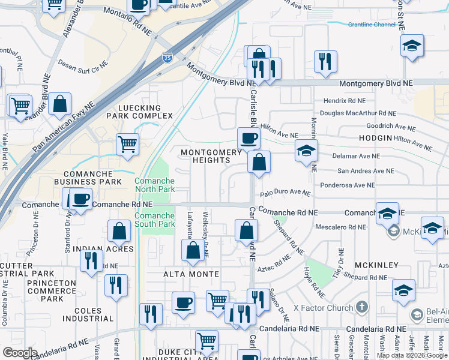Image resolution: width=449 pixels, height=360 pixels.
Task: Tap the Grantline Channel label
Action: coord(372,25)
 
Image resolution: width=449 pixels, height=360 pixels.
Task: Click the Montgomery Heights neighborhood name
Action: coord(212,156)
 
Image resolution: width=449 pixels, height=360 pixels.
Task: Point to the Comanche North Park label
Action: coord(154,185)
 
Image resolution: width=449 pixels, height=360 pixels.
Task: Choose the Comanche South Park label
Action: coord(154,220)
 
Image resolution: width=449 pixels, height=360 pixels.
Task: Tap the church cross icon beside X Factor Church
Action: coord(361,307)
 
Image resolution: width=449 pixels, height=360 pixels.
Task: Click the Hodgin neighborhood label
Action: coord(376,138)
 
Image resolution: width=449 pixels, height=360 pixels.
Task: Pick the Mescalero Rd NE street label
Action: coord(340,227)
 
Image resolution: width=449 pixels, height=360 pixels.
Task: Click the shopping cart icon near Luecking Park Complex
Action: coord(128,144)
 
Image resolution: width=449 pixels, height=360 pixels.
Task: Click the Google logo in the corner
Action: coord(19,353)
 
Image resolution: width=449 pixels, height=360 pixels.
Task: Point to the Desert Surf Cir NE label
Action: coord(83,62)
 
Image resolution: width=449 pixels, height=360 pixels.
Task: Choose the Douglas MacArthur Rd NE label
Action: coord(358,113)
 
